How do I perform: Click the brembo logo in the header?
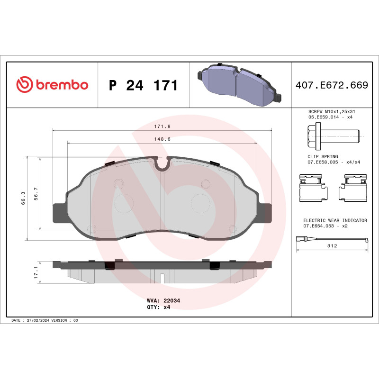[x=52, y=85]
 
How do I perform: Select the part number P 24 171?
[x=143, y=86]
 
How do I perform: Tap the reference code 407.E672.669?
[x=332, y=86]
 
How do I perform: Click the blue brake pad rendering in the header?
[x=240, y=85]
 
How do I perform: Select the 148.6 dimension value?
[x=162, y=139]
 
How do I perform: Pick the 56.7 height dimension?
[x=36, y=194]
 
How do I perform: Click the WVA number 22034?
[x=171, y=300]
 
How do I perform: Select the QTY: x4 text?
[x=159, y=307]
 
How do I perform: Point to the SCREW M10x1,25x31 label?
[x=332, y=111]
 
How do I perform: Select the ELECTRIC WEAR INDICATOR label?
[x=335, y=221]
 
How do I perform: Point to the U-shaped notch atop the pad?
[x=162, y=164]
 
